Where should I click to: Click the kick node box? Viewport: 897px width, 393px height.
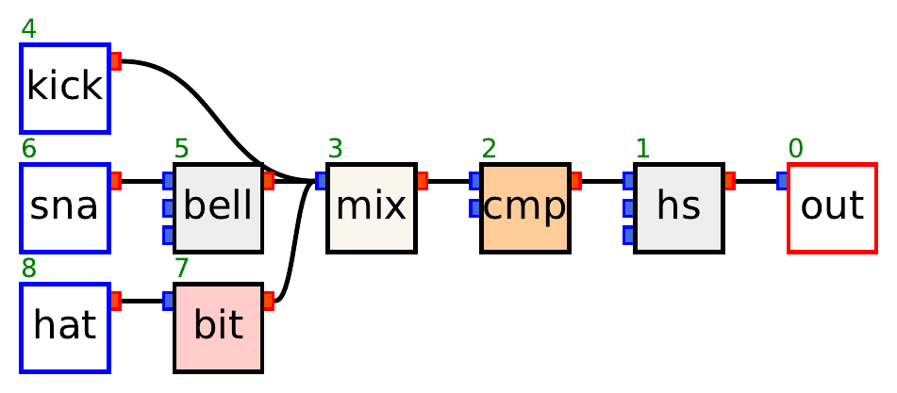coord(65,88)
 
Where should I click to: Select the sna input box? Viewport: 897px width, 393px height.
coord(65,207)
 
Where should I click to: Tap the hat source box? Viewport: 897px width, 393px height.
coord(65,326)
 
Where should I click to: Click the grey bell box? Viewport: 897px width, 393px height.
coord(218,207)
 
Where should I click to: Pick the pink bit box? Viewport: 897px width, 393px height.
coord(218,326)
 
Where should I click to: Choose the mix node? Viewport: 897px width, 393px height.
coord(372,207)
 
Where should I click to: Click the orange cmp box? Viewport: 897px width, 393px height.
coord(524,207)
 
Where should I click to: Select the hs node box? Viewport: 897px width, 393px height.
coord(678,207)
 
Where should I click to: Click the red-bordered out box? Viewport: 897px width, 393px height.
coord(832,207)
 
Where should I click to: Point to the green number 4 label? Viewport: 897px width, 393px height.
coord(29,29)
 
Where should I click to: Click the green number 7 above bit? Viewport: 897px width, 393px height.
coord(182,269)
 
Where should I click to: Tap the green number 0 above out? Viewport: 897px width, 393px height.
coord(796,149)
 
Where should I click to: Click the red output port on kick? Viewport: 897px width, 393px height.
coord(116,61)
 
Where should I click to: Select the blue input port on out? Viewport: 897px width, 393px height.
coord(782,181)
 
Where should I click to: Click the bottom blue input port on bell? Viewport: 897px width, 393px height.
coord(168,234)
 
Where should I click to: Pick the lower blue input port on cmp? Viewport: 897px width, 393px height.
coord(475,207)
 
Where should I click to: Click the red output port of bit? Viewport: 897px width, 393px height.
coord(269,301)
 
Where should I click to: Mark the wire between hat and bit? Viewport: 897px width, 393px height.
coord(141,301)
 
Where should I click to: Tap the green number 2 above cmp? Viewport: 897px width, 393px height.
coord(489,149)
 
